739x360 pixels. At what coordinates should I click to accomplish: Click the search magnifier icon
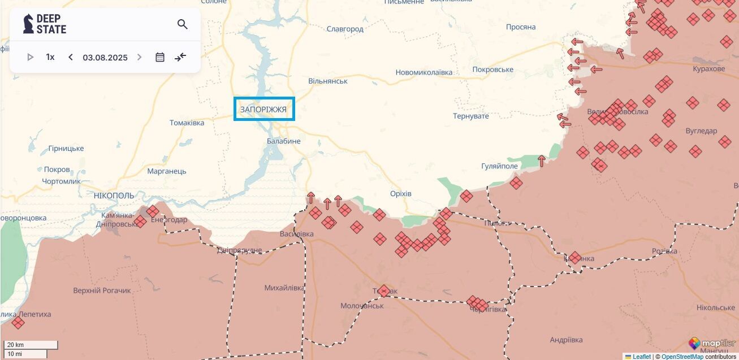(x=182, y=24)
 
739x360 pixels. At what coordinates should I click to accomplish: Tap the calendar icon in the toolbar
(x=160, y=57)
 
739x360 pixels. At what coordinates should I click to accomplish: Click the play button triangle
(x=31, y=57)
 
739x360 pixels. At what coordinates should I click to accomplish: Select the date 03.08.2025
(x=105, y=57)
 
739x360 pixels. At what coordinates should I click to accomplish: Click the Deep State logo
(x=45, y=24)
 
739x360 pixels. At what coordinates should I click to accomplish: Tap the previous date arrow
(x=71, y=57)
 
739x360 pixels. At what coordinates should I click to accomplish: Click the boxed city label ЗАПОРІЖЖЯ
(x=264, y=109)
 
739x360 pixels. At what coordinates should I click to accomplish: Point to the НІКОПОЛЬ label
(x=114, y=196)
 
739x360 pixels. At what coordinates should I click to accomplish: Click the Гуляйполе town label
(x=499, y=166)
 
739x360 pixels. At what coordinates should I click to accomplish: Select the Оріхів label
(x=401, y=194)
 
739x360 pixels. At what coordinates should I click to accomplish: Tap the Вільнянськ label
(x=328, y=81)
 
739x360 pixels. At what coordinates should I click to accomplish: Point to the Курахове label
(x=708, y=69)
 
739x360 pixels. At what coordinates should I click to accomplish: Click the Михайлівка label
(x=284, y=288)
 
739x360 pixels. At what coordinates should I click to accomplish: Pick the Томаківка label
(x=187, y=123)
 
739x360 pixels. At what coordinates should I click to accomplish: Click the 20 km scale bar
(x=31, y=345)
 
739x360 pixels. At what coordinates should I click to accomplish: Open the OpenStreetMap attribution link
(x=682, y=357)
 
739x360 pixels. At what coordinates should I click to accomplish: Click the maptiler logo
(x=710, y=343)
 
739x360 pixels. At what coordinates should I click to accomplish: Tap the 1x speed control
(x=50, y=57)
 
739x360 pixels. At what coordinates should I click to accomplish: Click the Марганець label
(x=166, y=171)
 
